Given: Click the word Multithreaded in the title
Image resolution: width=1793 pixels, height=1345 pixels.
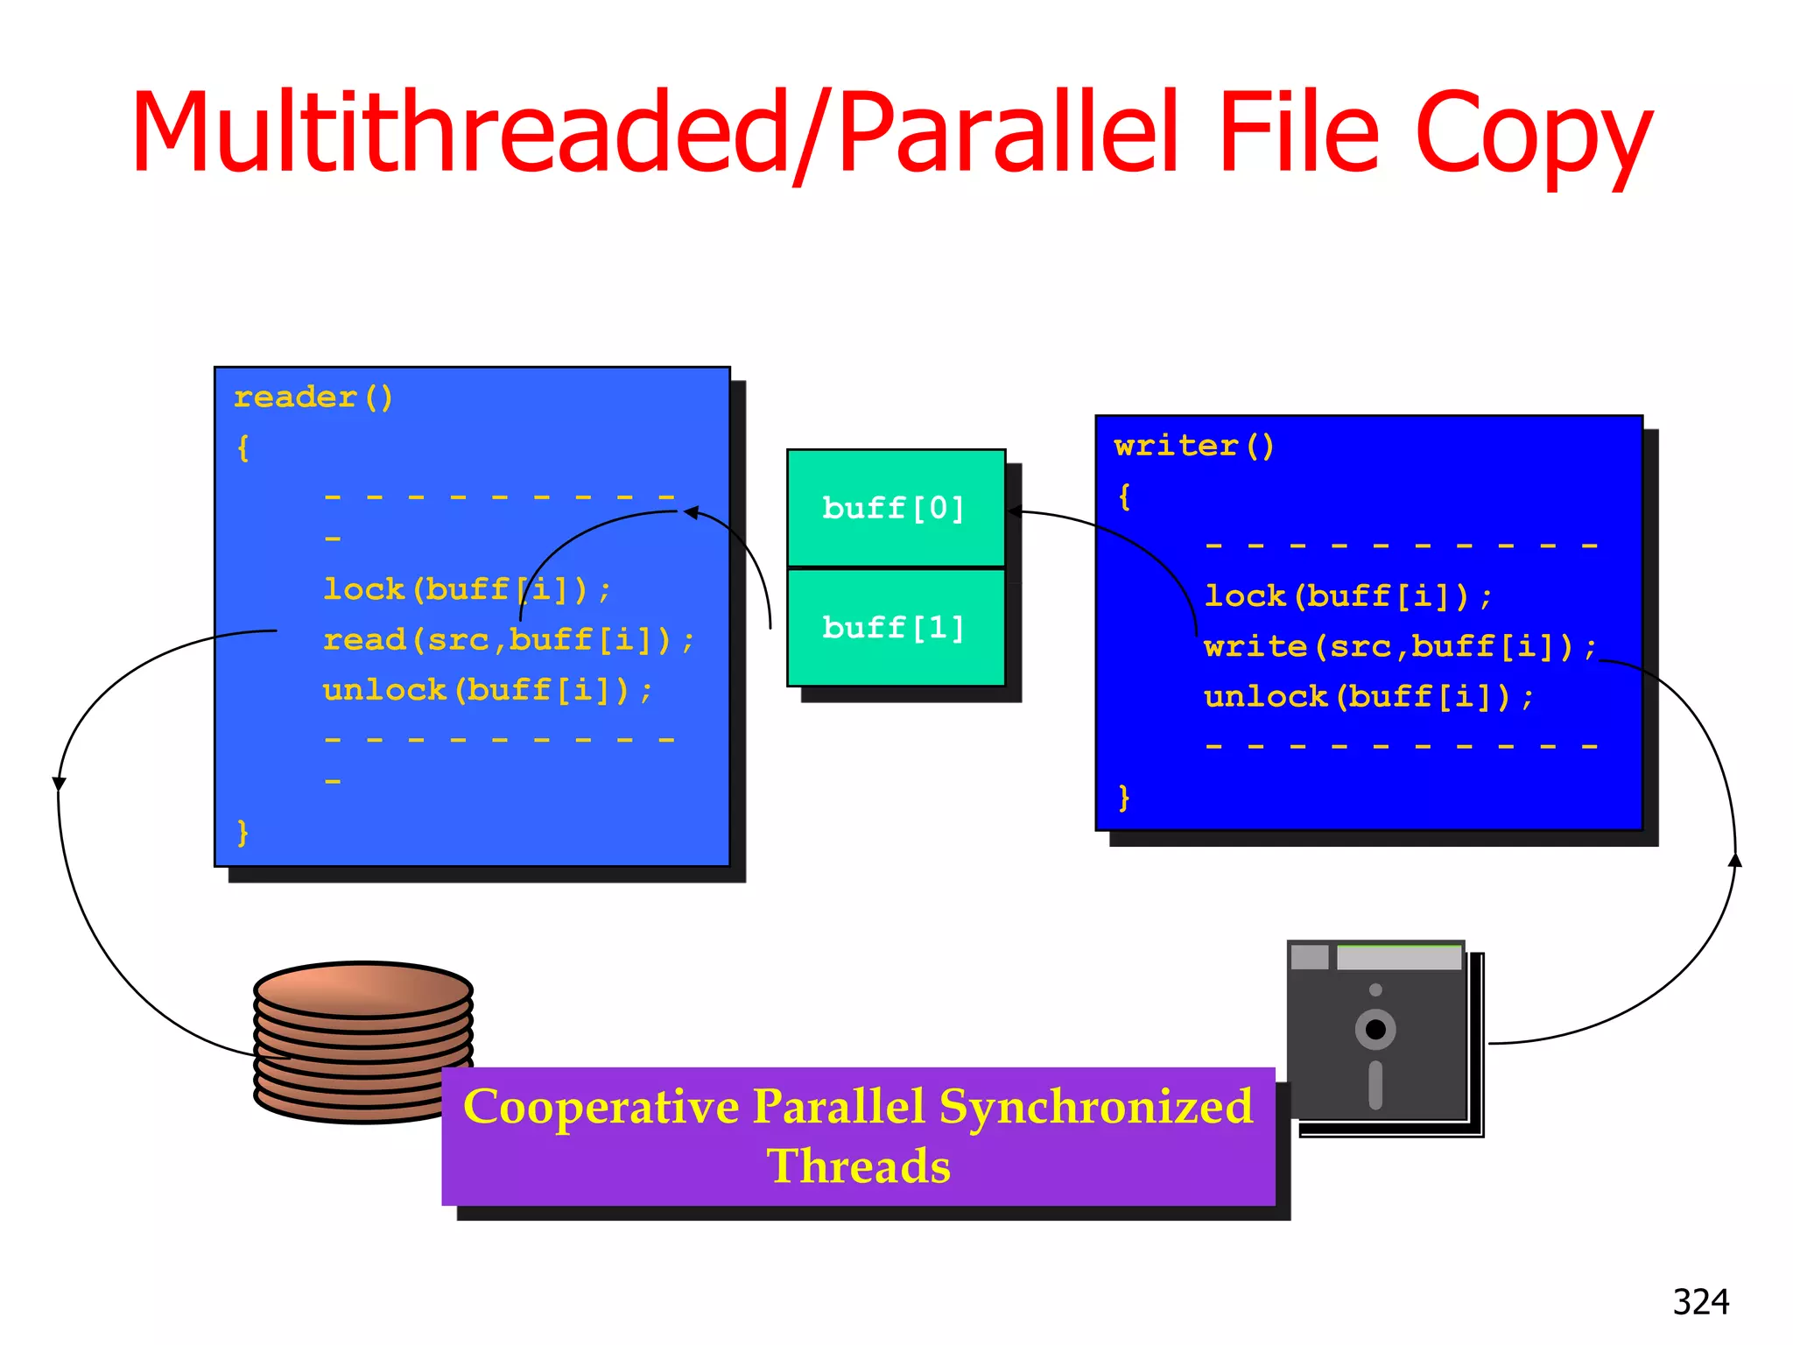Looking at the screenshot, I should pos(460,133).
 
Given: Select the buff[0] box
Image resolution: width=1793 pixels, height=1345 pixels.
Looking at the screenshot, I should pos(895,508).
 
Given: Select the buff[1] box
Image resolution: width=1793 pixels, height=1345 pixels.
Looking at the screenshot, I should pos(895,627).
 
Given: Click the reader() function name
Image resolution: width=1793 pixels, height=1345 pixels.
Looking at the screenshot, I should pos(313,398).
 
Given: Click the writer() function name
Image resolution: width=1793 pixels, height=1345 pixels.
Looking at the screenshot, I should pos(1193,447).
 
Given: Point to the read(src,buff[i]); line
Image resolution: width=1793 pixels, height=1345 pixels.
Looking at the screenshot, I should pos(508,640).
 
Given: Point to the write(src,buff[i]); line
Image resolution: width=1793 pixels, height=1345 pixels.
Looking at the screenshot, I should pos(1399,647).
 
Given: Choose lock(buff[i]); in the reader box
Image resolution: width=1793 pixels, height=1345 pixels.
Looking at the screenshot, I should pos(467,589).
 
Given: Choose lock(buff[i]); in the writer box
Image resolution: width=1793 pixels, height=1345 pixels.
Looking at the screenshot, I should pos(1347,596).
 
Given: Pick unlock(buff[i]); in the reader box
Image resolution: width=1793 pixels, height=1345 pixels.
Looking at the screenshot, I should pos(487,691).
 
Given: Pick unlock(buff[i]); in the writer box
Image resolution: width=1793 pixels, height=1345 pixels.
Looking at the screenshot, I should pos(1368,698).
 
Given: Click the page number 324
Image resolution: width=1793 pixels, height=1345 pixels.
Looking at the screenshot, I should pos(1700,1302).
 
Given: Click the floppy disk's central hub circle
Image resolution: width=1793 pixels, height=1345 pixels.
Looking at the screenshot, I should pos(1375,1030).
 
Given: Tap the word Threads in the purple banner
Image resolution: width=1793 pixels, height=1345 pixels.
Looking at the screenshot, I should pos(859,1166).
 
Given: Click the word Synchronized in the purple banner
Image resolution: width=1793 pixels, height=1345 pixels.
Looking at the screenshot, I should pos(1096,1107).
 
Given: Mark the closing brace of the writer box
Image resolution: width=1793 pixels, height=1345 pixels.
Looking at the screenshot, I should pos(1124,798).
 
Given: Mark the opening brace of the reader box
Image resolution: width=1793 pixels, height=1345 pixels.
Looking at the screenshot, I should pos(243,448).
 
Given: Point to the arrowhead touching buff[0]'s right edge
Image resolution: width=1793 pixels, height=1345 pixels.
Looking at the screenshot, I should pos(1014,511).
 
